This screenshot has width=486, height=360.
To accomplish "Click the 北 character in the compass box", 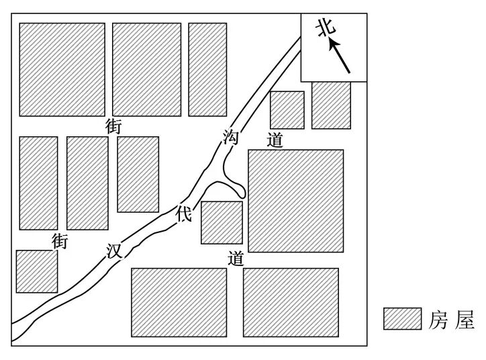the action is (x=326, y=27).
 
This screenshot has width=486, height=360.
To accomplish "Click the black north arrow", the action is (x=340, y=56).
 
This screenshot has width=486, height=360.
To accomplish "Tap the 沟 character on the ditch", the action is (x=231, y=138).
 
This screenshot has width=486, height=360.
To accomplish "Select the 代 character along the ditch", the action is (x=184, y=214).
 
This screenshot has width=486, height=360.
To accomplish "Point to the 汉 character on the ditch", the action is (x=114, y=251).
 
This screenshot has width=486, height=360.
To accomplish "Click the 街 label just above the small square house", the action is (x=60, y=242).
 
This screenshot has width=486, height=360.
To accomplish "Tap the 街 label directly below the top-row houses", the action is (x=113, y=126).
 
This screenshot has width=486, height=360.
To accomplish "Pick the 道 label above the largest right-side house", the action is (x=275, y=140).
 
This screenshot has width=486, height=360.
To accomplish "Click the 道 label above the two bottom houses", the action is (x=236, y=259).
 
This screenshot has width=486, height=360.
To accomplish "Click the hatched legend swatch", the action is (x=402, y=318).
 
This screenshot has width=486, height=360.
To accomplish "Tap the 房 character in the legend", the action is (x=438, y=320).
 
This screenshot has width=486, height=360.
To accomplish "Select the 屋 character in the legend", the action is (x=465, y=320).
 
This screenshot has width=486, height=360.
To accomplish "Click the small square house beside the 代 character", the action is (x=222, y=222).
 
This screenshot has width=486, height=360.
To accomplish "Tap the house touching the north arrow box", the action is (x=331, y=105).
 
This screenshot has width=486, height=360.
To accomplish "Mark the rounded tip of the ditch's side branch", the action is (x=242, y=194).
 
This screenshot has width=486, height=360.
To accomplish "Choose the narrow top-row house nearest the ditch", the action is (x=207, y=69).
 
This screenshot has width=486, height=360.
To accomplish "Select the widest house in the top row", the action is (x=62, y=69).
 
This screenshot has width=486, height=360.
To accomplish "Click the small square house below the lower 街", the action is (x=37, y=271).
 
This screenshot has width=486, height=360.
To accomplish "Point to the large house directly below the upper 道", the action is (x=295, y=201).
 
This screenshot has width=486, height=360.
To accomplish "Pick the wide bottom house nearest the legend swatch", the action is (x=291, y=302).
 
